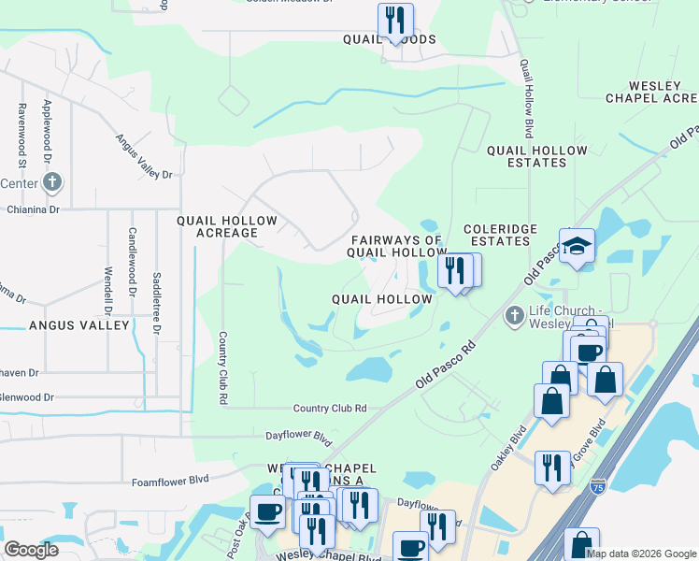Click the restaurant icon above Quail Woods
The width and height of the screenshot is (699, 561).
click(395, 21)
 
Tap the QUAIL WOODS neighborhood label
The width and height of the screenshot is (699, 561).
click(390, 40)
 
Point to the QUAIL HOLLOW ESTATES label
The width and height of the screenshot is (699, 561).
click(526, 155)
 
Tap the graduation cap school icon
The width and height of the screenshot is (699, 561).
click(577, 246)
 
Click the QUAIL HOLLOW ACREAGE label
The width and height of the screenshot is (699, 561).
click(227, 227)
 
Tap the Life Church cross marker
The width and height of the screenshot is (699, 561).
click(514, 317)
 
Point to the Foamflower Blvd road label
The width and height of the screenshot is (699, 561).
click(169, 482)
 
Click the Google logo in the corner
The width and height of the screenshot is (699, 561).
click(31, 550)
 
